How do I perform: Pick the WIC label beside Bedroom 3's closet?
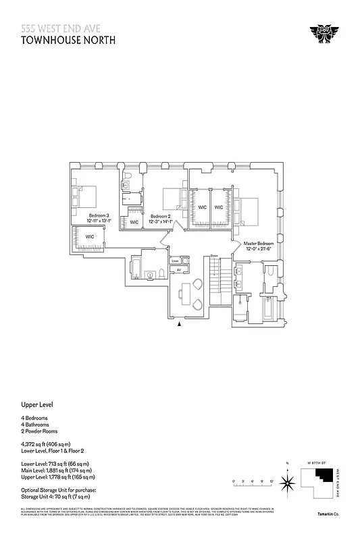click(89, 236)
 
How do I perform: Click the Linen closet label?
click(175, 261)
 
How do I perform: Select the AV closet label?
click(179, 270)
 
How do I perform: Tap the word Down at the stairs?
click(214, 255)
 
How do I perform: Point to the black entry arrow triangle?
click(179, 325)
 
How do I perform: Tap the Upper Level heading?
click(36, 405)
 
